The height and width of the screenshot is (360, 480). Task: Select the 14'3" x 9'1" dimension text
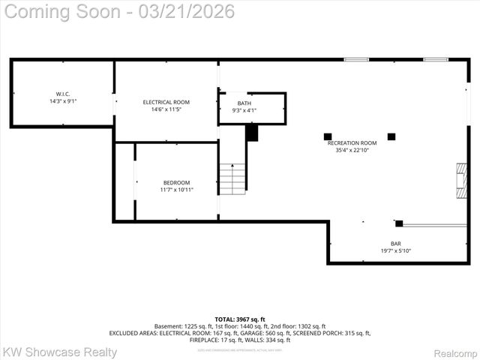(x=62, y=100)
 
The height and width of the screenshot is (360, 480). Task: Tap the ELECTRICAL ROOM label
(x=166, y=102)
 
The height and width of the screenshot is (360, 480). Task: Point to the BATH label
(x=244, y=103)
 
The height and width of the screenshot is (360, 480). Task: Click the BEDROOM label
(x=176, y=183)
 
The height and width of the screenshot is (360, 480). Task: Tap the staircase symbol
(x=232, y=178)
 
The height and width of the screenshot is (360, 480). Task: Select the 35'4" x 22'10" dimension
(x=352, y=150)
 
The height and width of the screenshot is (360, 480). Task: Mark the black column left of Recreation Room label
(x=327, y=136)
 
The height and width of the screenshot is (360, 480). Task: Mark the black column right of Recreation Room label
(x=391, y=136)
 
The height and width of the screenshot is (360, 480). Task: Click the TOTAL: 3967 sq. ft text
(x=240, y=319)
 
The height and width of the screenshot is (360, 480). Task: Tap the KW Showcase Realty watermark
(x=59, y=352)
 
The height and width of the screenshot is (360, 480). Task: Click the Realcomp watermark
(x=455, y=352)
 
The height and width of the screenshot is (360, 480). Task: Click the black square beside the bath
(x=252, y=133)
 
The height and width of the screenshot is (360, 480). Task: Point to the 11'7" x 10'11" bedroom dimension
(x=176, y=190)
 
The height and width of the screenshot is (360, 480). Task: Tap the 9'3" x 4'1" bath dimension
(x=244, y=110)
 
